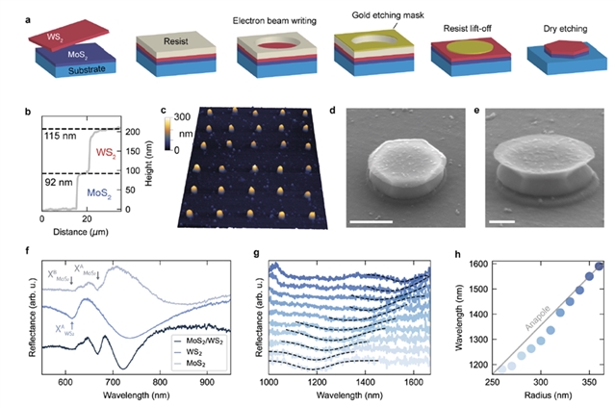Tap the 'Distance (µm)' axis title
(x=76, y=230)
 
